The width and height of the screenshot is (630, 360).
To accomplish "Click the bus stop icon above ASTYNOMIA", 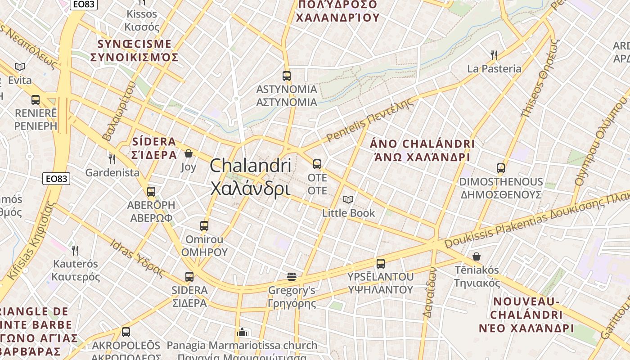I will pos(287,76).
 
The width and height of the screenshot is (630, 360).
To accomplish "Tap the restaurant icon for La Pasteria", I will pos(494,55).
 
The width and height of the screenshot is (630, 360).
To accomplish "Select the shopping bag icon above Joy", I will pos(189,154).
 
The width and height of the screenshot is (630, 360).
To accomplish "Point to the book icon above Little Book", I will pos(348,199).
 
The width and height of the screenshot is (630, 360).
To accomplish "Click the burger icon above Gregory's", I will pos(292,276).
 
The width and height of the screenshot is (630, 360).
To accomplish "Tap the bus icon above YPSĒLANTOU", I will pos(381,264).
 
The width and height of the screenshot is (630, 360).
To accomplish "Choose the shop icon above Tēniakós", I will pos(477,256).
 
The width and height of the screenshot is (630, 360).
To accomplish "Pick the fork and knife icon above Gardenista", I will pos(112,159).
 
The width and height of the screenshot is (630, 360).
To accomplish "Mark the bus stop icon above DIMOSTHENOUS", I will pos(501,168).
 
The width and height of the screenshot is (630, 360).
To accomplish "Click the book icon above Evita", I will pos(20,67).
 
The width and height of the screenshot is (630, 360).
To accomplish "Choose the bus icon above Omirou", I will pos(204,225).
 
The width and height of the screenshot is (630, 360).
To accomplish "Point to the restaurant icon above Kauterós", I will pos(75,250).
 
